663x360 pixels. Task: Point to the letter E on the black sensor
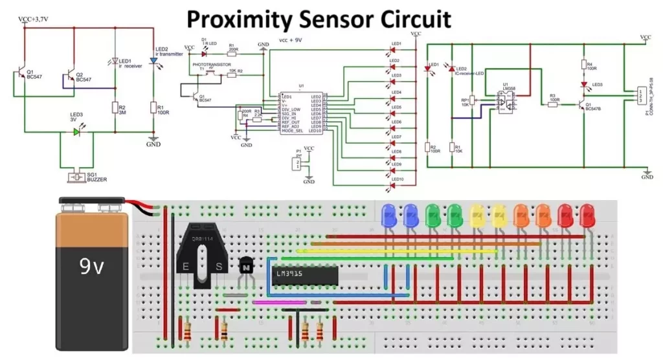click(186, 266)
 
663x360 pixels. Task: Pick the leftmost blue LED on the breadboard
click(389, 215)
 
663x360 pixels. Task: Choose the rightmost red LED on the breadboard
click(587, 215)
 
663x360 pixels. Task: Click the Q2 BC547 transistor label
click(84, 77)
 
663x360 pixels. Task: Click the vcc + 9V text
click(292, 39)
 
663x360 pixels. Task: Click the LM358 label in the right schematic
click(508, 86)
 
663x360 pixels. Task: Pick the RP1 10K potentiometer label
click(465, 103)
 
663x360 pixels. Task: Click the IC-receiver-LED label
click(470, 74)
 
